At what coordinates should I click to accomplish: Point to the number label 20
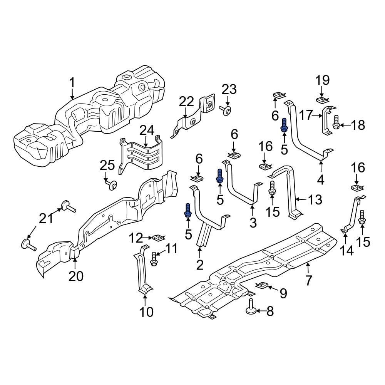click(x=76, y=276)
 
